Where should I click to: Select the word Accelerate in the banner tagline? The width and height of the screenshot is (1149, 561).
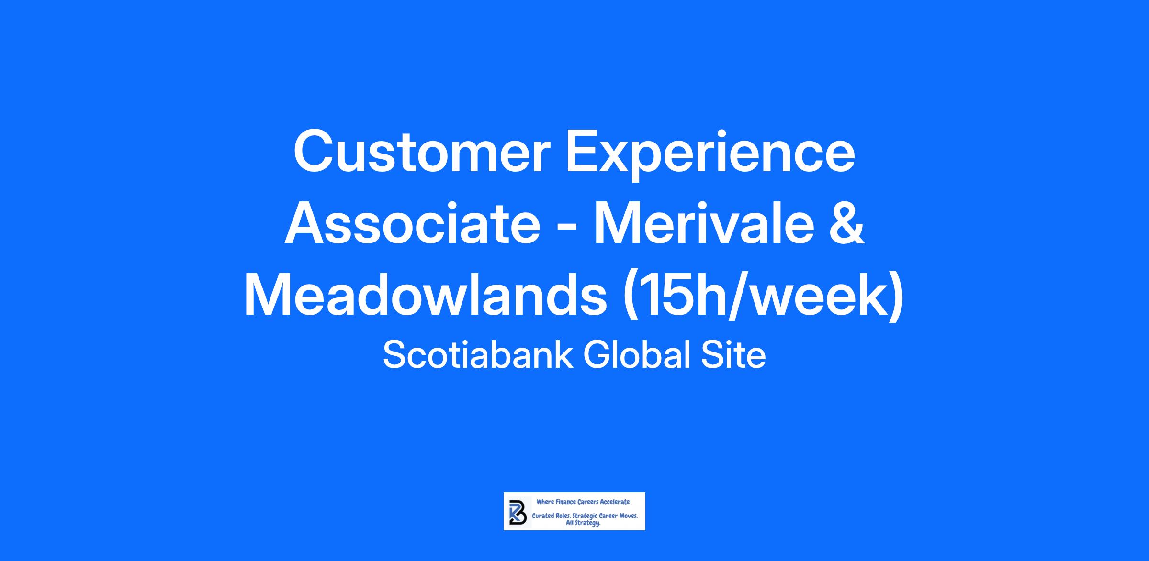tap(615, 502)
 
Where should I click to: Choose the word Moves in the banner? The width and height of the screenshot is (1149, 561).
tap(628, 517)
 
